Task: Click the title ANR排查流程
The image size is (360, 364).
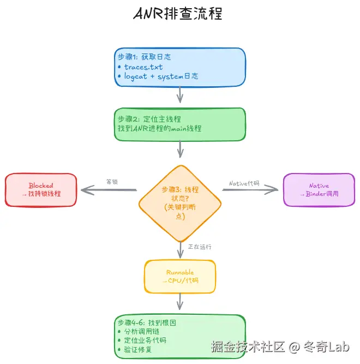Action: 178,14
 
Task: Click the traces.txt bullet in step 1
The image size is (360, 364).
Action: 143,67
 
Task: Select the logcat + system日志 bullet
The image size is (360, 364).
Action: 161,76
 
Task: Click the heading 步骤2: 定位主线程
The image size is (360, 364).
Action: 149,118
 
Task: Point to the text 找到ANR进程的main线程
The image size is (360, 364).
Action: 159,128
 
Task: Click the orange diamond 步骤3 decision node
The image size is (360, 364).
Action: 180,202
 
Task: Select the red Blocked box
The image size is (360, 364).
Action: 41,190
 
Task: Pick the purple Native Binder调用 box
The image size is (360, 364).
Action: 319,190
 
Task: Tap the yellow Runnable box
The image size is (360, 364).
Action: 180,276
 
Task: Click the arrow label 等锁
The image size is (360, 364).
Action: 112,182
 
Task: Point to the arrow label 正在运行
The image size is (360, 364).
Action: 200,247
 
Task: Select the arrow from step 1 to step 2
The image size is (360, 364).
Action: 180,96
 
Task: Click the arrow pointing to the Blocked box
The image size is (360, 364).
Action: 108,190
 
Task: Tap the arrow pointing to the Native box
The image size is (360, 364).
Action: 250,190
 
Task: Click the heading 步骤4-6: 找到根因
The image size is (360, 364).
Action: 147,323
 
